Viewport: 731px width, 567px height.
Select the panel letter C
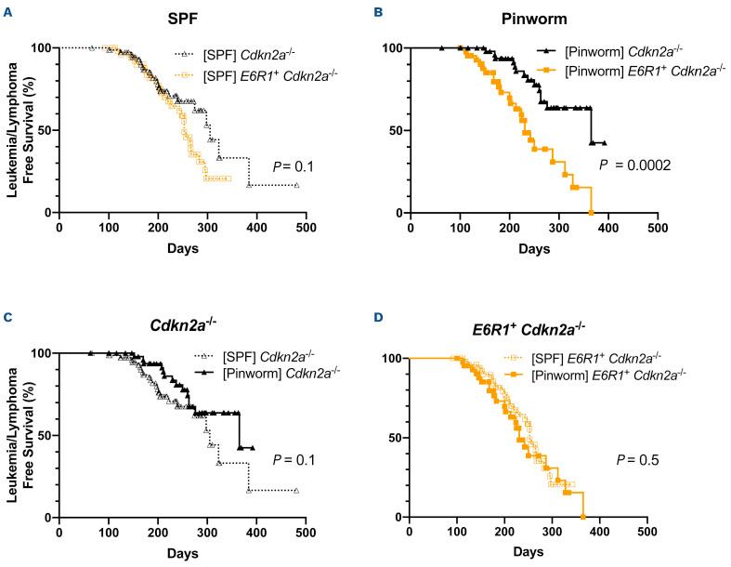tap(7, 316)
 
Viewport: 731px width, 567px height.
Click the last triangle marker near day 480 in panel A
tap(296, 186)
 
